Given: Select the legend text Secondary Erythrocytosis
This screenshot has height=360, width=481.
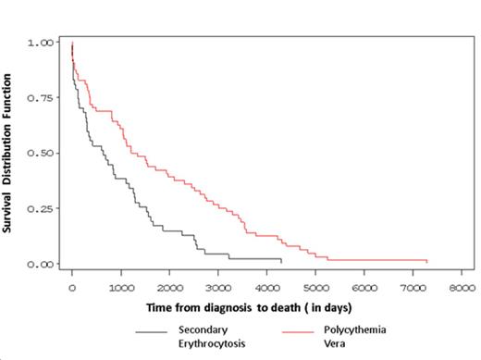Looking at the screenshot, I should pos(209,336).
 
